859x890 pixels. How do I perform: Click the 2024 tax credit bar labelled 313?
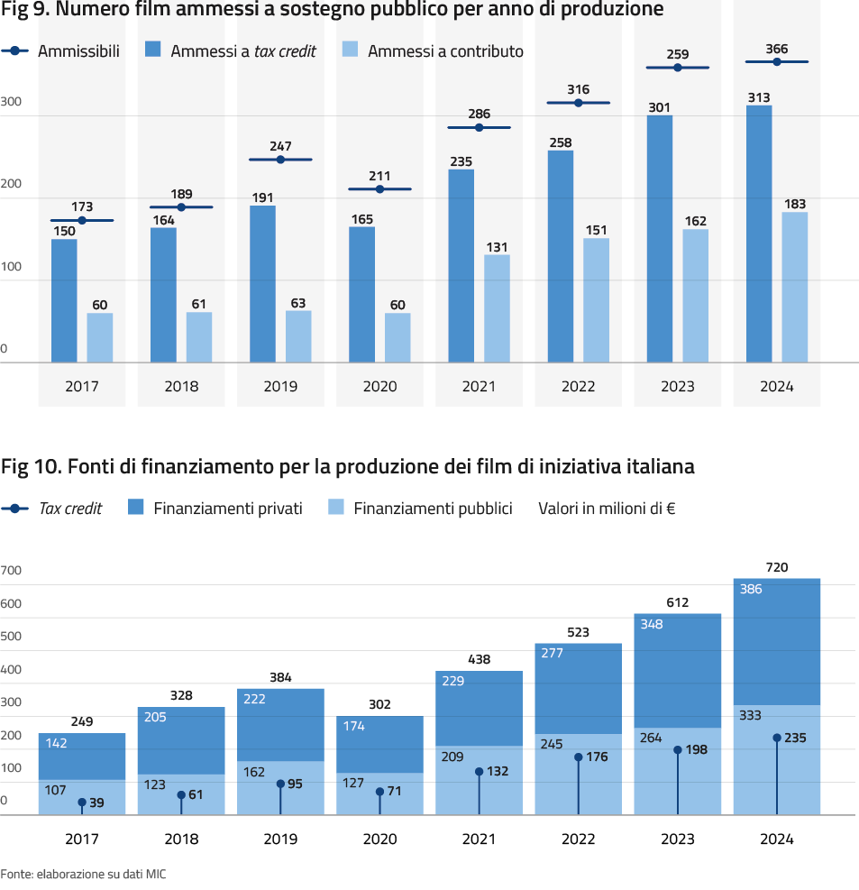pos(759,234)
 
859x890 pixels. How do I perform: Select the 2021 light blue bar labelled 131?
pos(497,308)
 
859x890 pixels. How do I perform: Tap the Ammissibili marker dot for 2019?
pos(280,160)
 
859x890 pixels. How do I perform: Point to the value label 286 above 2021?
pos(479,115)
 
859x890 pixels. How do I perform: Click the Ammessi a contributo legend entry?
pos(433,51)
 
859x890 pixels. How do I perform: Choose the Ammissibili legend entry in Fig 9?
pos(60,51)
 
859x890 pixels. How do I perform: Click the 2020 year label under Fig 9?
pos(379,387)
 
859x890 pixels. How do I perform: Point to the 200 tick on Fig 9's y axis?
pos(11,184)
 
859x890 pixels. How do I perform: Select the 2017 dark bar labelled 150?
pos(64,301)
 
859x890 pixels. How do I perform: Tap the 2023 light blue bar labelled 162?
pos(695,296)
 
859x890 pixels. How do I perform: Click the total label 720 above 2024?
pos(777,567)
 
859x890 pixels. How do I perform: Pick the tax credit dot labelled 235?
pos(777,738)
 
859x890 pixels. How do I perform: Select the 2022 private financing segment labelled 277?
pos(578,689)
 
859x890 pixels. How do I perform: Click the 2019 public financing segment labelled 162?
pos(280,788)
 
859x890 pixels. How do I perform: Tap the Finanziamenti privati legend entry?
pos(215,508)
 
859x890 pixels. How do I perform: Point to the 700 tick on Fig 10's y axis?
pos(11,571)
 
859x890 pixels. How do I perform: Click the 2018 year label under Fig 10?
pos(181,839)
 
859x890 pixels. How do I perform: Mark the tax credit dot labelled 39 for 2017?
pos(82,803)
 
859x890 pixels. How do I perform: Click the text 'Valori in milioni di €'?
pos(607,508)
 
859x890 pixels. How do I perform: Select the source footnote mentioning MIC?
pos(84,874)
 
